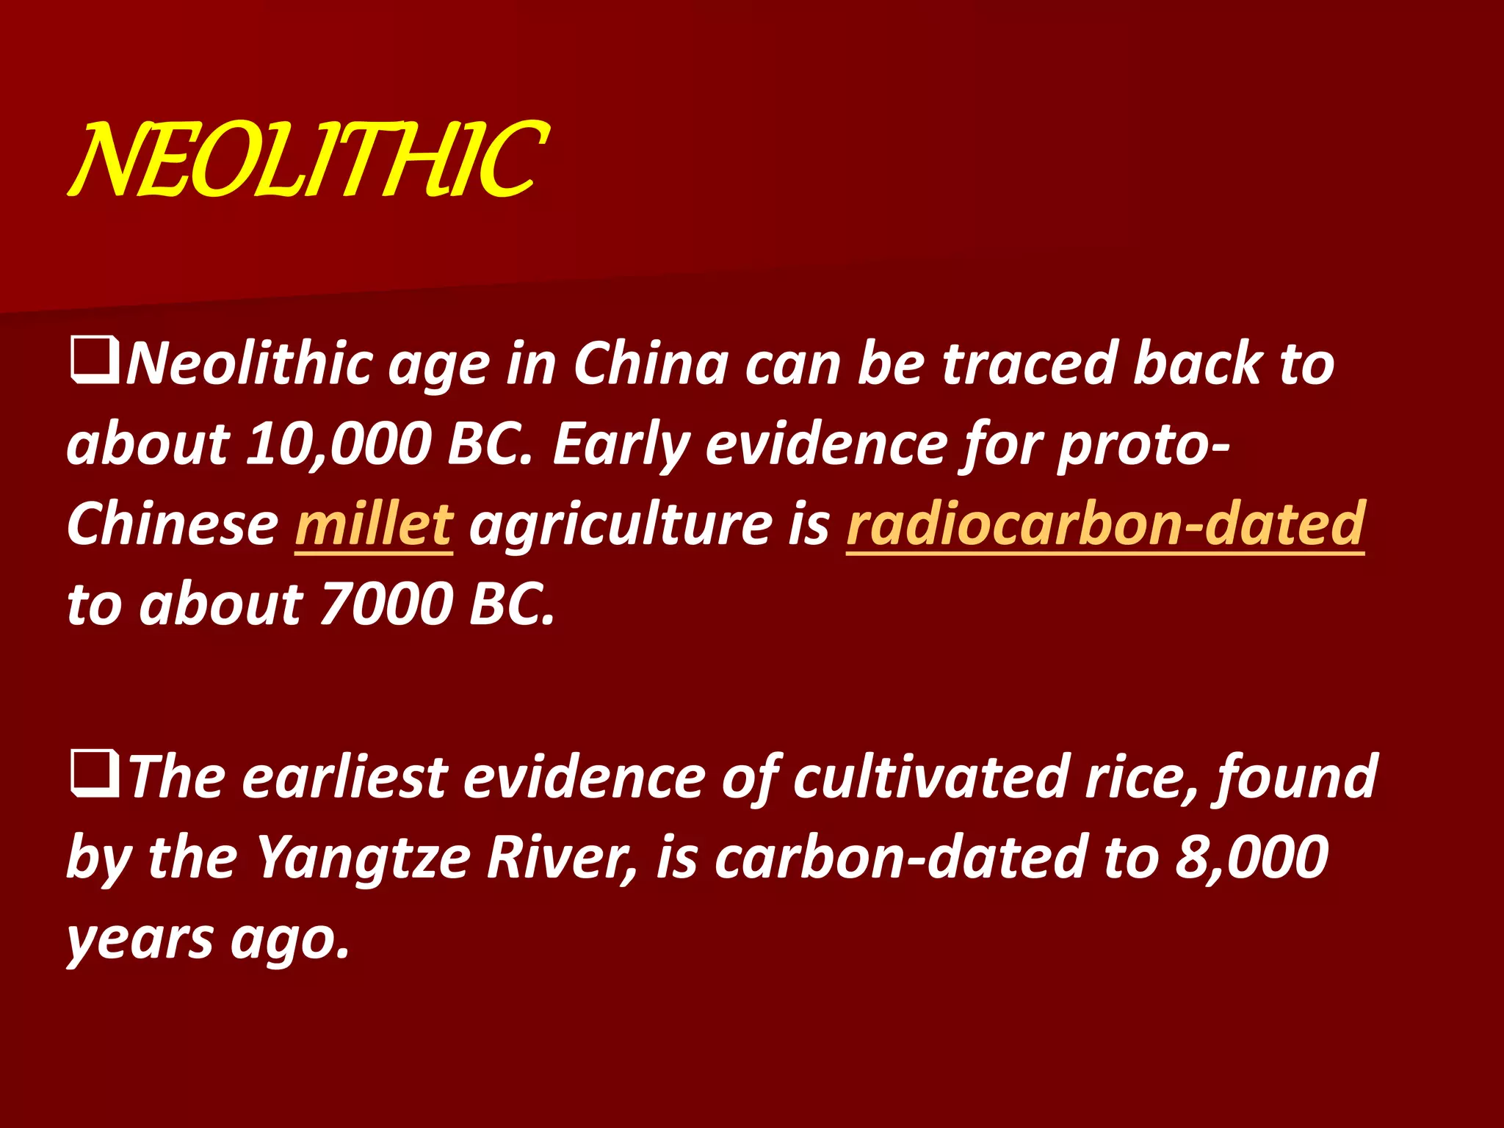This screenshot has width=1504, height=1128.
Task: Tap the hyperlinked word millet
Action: coord(374,524)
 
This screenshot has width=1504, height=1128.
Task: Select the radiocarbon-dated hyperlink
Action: coord(1105,524)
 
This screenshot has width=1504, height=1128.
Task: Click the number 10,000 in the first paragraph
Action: coord(339,444)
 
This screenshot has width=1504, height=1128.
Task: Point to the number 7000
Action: coord(387,604)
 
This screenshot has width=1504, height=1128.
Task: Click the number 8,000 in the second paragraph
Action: coord(1251,857)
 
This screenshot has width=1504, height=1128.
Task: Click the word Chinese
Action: coord(173,524)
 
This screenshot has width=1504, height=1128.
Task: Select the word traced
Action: coord(1028,364)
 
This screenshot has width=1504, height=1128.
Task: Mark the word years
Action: coord(140,940)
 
